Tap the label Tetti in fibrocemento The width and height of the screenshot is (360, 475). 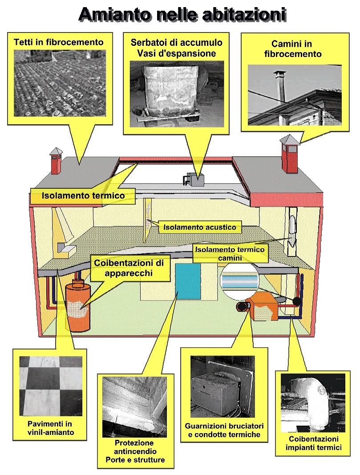pos(58,43)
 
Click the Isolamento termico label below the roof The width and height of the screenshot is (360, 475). pos(83,195)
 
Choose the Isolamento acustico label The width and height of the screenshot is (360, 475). pos(199,227)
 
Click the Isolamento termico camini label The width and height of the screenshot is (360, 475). pos(229,253)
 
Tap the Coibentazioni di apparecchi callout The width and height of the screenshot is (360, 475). pos(129,268)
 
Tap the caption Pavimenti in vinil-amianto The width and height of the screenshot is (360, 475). pos(49,428)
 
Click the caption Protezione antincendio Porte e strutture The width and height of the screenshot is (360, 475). pos(134,451)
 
